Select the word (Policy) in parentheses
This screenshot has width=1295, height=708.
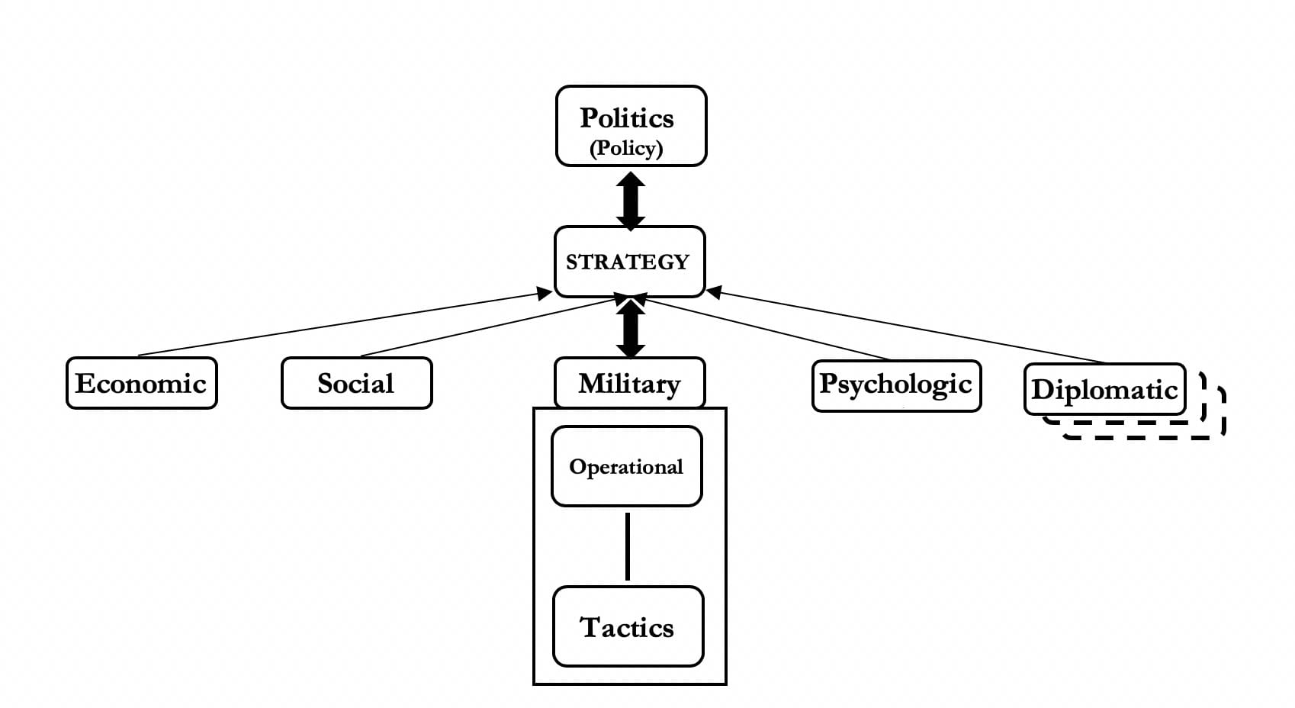tap(626, 148)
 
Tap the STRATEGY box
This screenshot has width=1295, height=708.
tap(629, 262)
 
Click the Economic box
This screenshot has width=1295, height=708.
tap(141, 383)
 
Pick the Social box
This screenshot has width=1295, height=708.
tap(356, 383)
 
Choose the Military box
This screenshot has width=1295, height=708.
tap(629, 383)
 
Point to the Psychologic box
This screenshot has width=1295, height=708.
tap(896, 385)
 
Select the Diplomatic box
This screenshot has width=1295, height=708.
tap(1104, 389)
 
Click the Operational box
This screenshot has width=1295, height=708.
tap(626, 466)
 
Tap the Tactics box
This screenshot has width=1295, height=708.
tap(628, 626)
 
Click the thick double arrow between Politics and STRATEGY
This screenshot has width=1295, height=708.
tap(631, 201)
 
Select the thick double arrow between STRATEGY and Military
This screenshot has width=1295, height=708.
tap(631, 329)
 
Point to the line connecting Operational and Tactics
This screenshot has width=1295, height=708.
tap(628, 546)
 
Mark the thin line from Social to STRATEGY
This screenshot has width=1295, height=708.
tap(488, 327)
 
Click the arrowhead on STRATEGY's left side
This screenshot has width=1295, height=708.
tap(545, 293)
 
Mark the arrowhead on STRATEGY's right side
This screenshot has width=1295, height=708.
tap(715, 291)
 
